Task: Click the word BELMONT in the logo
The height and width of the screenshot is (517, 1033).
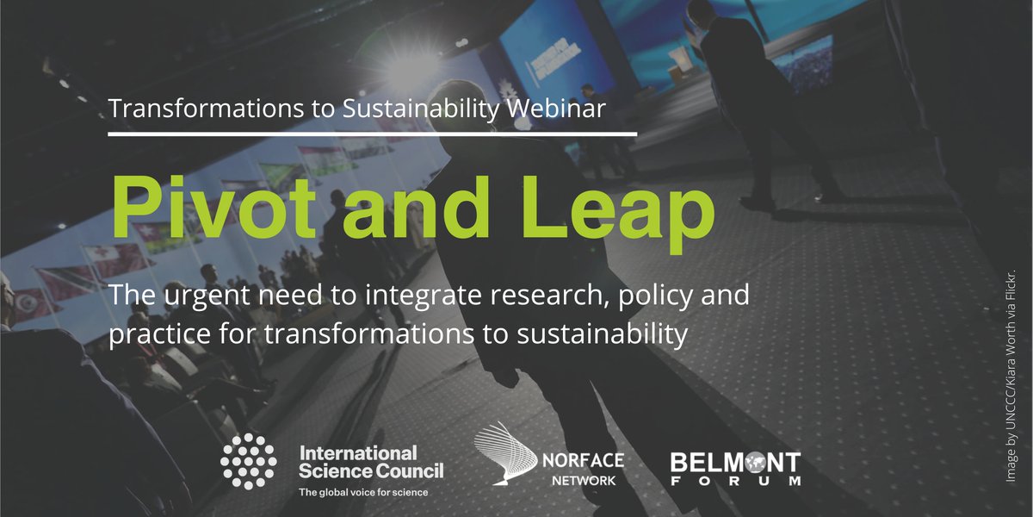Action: click(735, 460)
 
